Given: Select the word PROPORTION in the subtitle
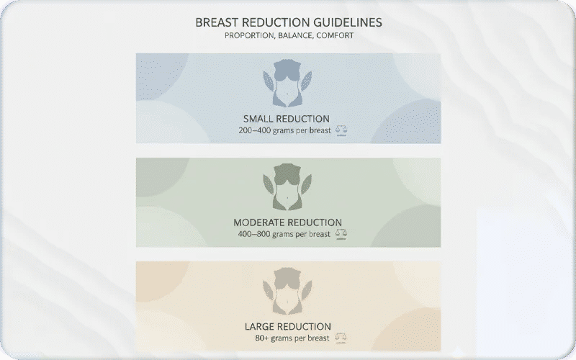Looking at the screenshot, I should point(248,35).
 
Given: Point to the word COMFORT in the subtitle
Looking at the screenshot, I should point(335,35).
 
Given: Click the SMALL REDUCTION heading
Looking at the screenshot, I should point(287,119).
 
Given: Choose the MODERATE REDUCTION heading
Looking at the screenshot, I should point(287,222).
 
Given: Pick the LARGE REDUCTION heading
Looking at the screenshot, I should point(287,326).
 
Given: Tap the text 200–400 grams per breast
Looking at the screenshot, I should point(284,131).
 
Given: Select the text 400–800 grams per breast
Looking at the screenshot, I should point(284,234).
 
